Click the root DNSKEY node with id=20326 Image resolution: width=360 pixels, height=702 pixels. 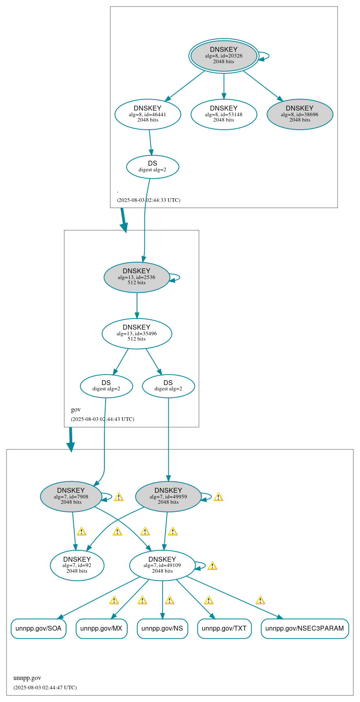(x=223, y=56)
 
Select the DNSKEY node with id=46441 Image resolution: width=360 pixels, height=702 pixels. (x=148, y=115)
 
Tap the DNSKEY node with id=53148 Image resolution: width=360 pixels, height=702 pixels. (x=223, y=115)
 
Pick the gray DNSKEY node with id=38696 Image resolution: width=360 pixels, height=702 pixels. (x=300, y=115)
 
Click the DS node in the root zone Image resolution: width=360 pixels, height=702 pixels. (x=152, y=167)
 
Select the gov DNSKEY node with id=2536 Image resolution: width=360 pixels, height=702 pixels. (x=137, y=277)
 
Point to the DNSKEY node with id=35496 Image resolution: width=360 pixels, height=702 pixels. (x=137, y=334)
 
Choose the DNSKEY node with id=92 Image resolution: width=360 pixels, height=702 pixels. (x=77, y=566)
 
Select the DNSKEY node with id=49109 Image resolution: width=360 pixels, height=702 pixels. (x=162, y=566)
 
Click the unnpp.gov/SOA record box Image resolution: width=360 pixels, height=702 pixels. (x=38, y=629)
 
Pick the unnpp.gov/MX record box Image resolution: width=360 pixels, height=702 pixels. (x=102, y=629)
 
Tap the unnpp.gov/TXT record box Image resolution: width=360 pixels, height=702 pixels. (x=224, y=629)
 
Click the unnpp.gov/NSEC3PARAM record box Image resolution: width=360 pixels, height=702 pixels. (x=305, y=629)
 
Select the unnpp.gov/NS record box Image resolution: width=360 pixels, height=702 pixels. (x=162, y=629)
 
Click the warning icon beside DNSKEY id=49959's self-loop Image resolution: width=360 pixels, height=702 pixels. (x=218, y=497)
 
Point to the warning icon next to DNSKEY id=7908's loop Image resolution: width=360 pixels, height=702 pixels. (x=119, y=497)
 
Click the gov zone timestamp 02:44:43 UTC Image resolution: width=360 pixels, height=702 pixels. (x=102, y=419)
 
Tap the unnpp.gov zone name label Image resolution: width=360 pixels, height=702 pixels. (x=27, y=678)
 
